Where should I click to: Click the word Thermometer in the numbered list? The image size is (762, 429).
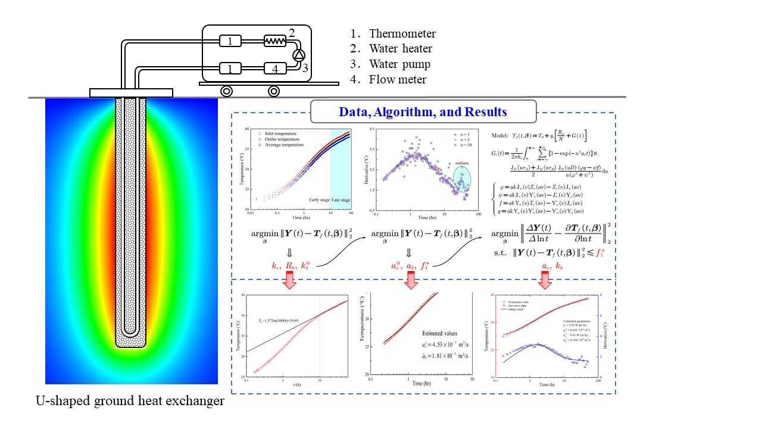tap(402, 34)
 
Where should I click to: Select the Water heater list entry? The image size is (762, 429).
tap(400, 49)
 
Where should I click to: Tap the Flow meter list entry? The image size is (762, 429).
tap(397, 79)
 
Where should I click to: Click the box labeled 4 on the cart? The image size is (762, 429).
tap(274, 69)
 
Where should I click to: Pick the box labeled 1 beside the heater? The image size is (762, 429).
tap(230, 41)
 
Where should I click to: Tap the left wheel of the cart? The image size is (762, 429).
tap(227, 91)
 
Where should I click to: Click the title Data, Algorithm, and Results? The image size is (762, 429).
tap(423, 111)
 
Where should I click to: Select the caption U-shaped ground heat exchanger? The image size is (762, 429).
tap(129, 401)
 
